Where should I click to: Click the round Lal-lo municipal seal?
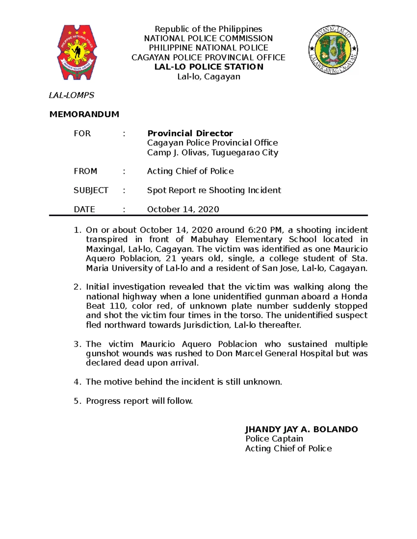[x=333, y=50]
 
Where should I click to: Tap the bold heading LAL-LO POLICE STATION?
[x=209, y=67]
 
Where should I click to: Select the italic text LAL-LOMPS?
[x=71, y=95]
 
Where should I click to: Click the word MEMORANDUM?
[x=84, y=114]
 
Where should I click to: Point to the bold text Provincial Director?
[x=190, y=133]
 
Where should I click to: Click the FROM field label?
[x=85, y=171]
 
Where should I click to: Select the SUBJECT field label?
[x=91, y=190]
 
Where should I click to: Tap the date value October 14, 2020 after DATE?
[x=183, y=209]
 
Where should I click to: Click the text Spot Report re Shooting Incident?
[x=214, y=190]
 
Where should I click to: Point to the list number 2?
[x=77, y=287]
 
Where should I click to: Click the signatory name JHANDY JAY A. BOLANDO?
[x=301, y=429]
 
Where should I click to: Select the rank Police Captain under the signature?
[x=274, y=439]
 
